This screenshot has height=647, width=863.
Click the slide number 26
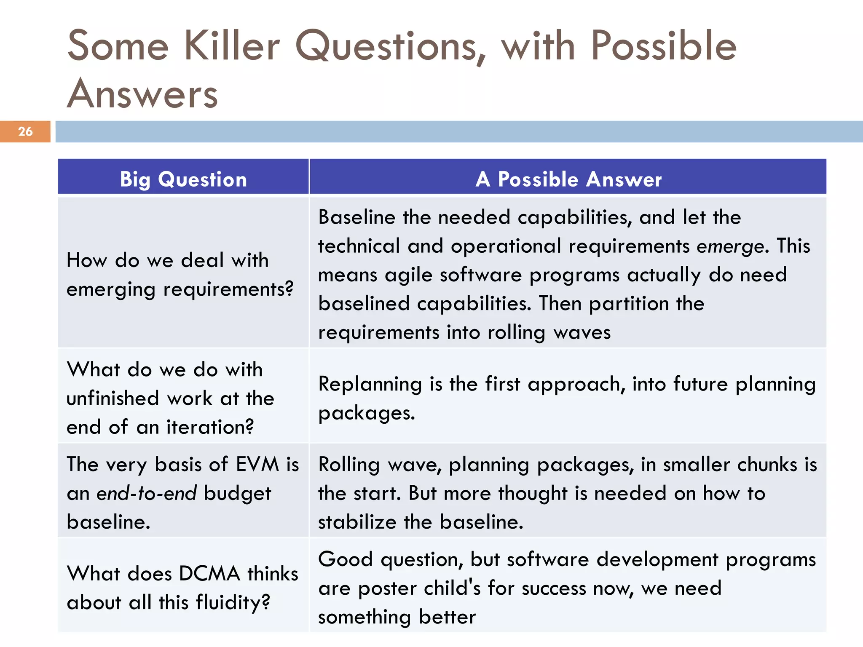25,131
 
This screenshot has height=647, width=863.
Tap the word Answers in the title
142,94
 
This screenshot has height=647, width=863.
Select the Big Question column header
183,179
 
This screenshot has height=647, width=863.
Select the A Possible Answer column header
568,179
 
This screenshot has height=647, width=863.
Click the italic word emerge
730,246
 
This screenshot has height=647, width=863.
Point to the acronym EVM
257,465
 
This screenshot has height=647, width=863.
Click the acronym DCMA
209,574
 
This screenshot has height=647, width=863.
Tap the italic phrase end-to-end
146,493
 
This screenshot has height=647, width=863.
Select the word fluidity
232,602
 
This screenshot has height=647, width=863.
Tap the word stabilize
357,522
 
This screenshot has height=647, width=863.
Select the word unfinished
113,398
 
